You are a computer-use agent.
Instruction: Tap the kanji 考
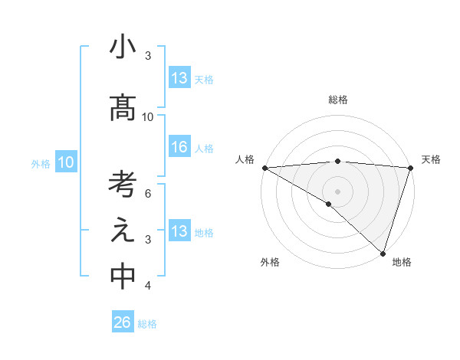[x=123, y=185]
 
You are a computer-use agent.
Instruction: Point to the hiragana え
[x=123, y=231]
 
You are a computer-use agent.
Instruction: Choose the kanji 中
[x=123, y=277]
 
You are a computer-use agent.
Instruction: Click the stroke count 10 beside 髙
[x=148, y=117]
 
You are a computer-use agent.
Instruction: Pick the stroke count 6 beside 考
[x=148, y=193]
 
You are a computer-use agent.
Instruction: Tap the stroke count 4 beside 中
[x=148, y=286]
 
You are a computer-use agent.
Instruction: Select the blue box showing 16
[x=179, y=148]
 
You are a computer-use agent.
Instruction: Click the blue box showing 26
[x=122, y=322]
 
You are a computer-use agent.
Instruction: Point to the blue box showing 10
[x=66, y=162]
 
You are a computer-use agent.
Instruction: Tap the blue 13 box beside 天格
[x=179, y=78]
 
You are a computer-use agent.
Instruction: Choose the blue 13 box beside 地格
[x=179, y=231]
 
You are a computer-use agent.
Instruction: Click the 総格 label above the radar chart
[x=337, y=100]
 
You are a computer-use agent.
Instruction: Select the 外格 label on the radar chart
[x=270, y=262]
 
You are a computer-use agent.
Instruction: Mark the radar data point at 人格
[x=264, y=168]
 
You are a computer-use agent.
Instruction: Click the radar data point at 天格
[x=410, y=168]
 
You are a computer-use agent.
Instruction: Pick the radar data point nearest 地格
[x=383, y=252]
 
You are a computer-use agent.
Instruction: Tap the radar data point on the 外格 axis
[x=329, y=204]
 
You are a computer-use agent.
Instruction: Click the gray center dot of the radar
[x=337, y=191]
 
